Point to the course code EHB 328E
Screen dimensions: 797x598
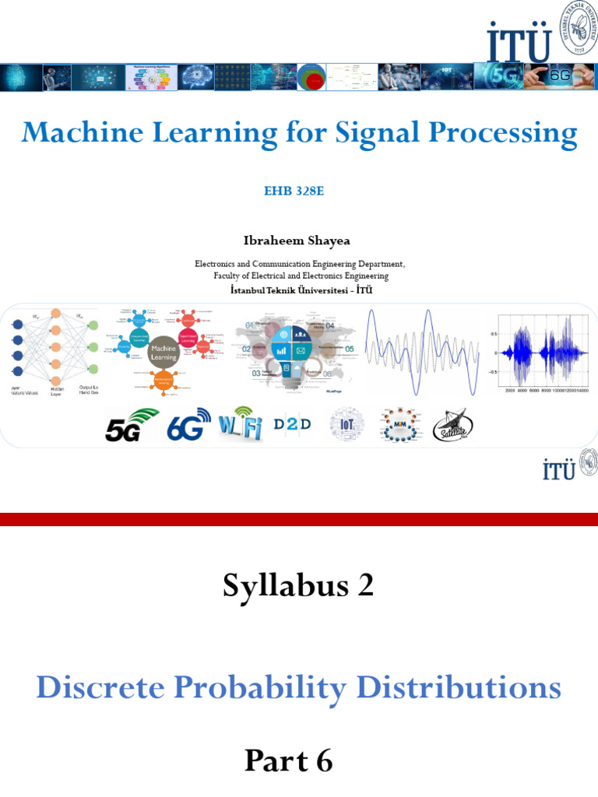[x=298, y=191]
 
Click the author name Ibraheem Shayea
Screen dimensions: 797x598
[x=298, y=241]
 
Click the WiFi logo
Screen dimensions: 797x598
[x=240, y=425]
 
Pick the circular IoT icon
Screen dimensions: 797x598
[x=346, y=425]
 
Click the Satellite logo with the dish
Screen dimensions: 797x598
[x=452, y=426]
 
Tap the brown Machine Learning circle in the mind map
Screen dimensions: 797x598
[x=164, y=353]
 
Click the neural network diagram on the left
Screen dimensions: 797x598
[x=55, y=348]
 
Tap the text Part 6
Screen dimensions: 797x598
[x=289, y=760]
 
